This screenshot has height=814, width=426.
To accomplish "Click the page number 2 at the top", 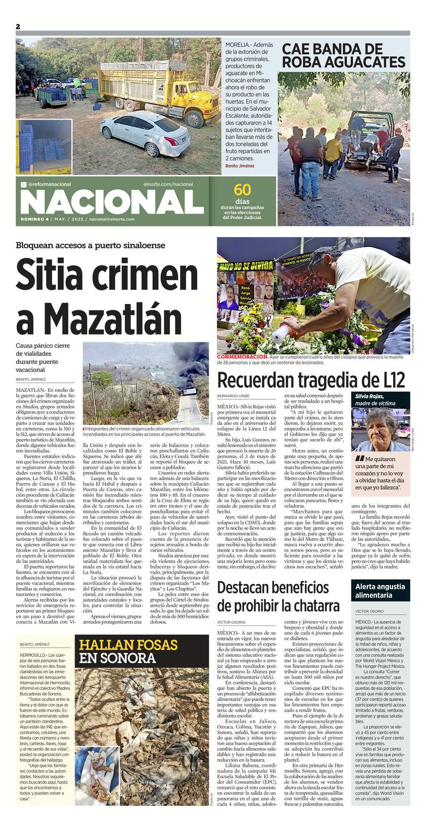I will [17, 26].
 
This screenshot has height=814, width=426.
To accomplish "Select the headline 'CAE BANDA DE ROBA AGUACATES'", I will [343, 56].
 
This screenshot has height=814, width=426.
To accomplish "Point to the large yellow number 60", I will [242, 190].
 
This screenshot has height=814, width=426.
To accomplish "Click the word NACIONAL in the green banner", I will [111, 202].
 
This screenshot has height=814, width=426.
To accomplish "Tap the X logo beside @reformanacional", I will [23, 184].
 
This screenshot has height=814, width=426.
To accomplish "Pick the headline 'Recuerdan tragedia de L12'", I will [311, 380].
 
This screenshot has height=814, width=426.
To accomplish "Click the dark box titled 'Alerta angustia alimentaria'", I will [380, 590].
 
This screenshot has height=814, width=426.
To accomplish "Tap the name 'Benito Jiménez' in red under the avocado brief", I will [240, 166].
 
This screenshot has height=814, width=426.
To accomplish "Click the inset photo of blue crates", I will [44, 146].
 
